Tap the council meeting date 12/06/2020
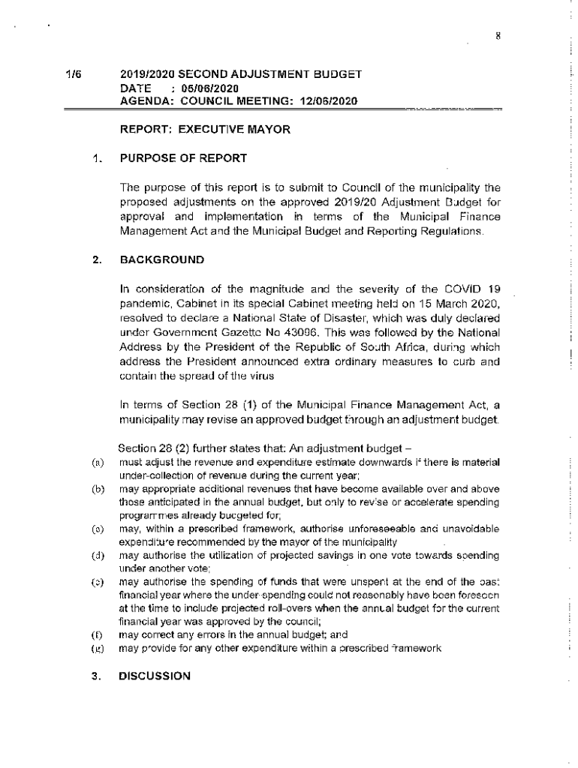(327, 100)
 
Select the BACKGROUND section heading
(161, 259)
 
